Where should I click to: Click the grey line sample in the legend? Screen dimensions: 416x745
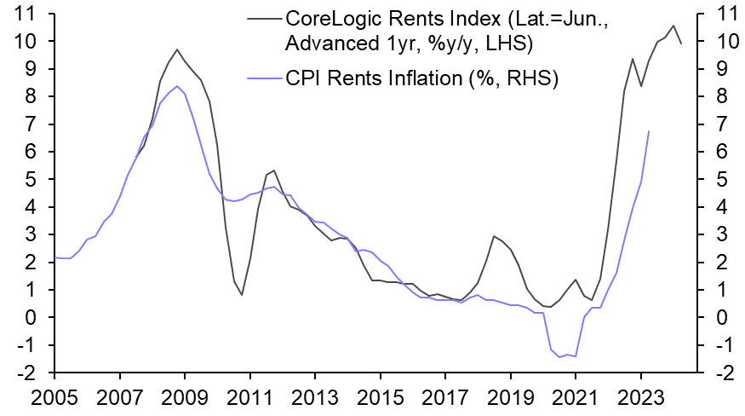[261, 17]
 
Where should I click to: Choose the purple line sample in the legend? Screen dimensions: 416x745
[261, 79]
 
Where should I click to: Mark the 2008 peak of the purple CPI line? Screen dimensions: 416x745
[176, 86]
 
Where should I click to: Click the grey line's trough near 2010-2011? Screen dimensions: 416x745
[242, 295]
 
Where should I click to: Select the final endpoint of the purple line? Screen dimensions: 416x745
[650, 131]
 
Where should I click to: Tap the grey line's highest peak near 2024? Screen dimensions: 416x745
[673, 26]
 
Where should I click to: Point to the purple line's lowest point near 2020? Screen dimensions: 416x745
[559, 357]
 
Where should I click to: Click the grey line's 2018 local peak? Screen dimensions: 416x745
[494, 236]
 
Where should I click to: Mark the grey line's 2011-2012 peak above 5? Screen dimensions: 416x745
[274, 170]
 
